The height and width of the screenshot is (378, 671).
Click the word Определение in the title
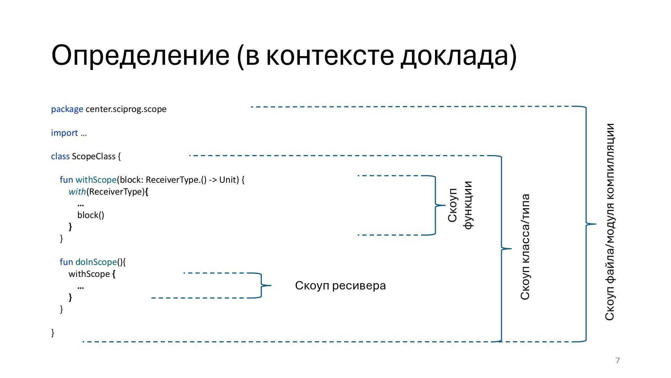point(140,56)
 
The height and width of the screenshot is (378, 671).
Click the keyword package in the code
point(67,109)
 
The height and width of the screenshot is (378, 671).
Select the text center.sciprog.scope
point(126,109)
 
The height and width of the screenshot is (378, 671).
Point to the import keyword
point(64,133)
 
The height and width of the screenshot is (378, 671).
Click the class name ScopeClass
point(93,156)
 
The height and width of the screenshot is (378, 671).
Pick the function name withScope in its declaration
point(96,180)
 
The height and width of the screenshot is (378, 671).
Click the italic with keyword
point(77,192)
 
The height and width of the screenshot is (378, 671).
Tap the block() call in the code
point(91,215)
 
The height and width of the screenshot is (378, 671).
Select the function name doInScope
point(96,262)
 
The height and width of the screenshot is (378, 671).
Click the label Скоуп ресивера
point(340,286)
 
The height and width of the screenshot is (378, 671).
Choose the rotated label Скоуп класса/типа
point(525,247)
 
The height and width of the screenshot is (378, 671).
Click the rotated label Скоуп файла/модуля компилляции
point(609,222)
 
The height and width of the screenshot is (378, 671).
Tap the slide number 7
point(618,360)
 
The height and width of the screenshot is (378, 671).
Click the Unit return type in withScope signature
point(229,180)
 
